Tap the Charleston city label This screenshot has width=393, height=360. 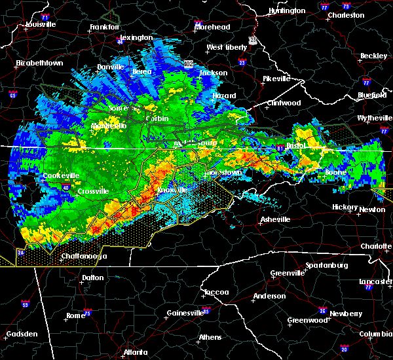tap(346, 15)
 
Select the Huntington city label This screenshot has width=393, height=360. tap(286, 11)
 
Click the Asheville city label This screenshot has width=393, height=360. tap(272, 219)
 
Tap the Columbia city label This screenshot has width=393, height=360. tap(375, 334)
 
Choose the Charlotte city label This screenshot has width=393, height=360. tap(375, 246)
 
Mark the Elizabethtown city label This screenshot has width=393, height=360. tap(39, 63)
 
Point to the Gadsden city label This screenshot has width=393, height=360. tap(22, 334)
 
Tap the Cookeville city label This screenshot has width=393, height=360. tap(61, 175)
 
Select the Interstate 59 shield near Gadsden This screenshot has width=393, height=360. tap(26, 305)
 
